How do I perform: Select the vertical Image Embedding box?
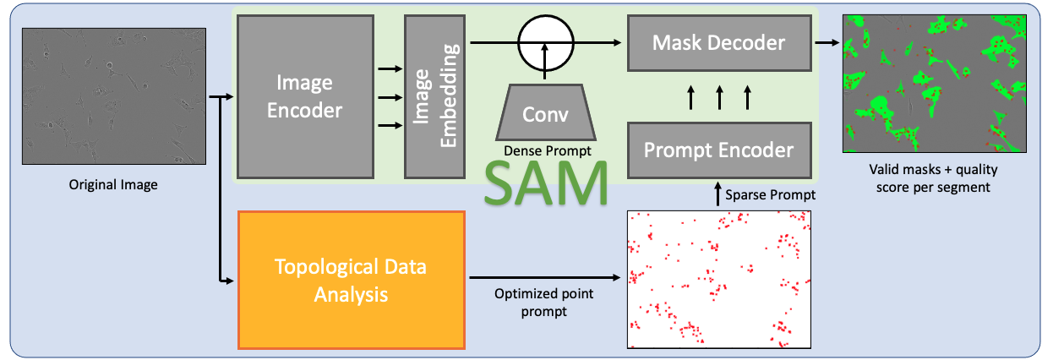pos(435,96)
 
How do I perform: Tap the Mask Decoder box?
pos(719,42)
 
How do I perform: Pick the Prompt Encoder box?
pos(719,150)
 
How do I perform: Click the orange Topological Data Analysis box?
pos(352,280)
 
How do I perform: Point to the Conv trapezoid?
pos(545,112)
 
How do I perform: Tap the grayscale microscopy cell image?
pos(113,95)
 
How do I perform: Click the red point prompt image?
pos(718,279)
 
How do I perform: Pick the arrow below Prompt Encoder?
pos(718,195)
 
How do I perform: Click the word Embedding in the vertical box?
pos(448,96)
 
